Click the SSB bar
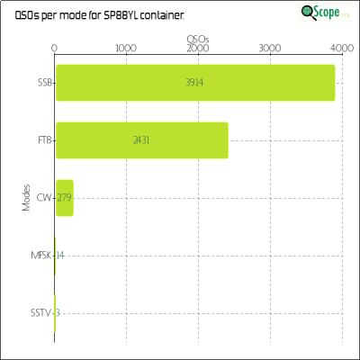195,83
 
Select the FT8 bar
142,140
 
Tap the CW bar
65,198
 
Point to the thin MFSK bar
55,256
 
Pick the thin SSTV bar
55,313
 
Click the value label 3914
194,83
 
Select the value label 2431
141,140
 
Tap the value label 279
64,198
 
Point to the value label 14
60,256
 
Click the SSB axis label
45,83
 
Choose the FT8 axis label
45,140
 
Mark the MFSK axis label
41,256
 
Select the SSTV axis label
41,313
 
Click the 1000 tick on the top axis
126,49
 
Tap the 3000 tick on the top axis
270,49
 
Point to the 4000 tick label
342,49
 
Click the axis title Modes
26,198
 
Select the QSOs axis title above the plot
198,40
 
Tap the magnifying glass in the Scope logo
309,13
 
